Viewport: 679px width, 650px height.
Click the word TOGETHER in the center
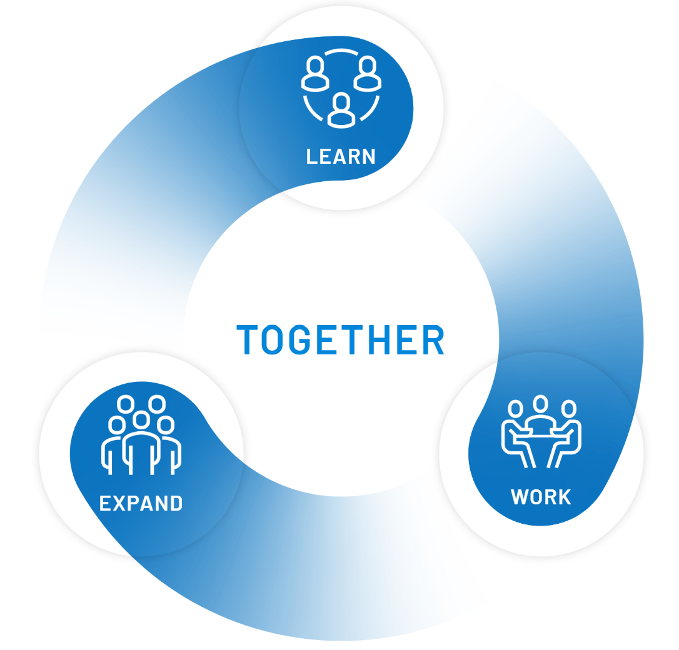click(341, 340)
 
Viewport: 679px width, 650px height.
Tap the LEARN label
click(341, 156)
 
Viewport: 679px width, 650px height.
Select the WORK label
click(541, 497)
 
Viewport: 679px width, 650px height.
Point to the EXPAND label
click(141, 503)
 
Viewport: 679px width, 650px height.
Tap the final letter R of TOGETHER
click(432, 340)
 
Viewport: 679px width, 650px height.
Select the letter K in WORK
click(564, 497)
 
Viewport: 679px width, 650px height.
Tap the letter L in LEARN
click(312, 156)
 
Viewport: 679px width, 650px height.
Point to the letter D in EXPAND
click(176, 503)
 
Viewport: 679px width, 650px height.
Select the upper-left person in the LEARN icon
click(316, 74)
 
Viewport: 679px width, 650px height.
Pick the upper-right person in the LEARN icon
click(368, 74)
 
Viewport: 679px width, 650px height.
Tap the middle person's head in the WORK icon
click(541, 404)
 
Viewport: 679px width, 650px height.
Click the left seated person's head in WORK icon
click(515, 409)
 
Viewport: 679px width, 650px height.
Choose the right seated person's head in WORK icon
click(568, 409)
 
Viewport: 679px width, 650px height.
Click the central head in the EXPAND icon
click(142, 419)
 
